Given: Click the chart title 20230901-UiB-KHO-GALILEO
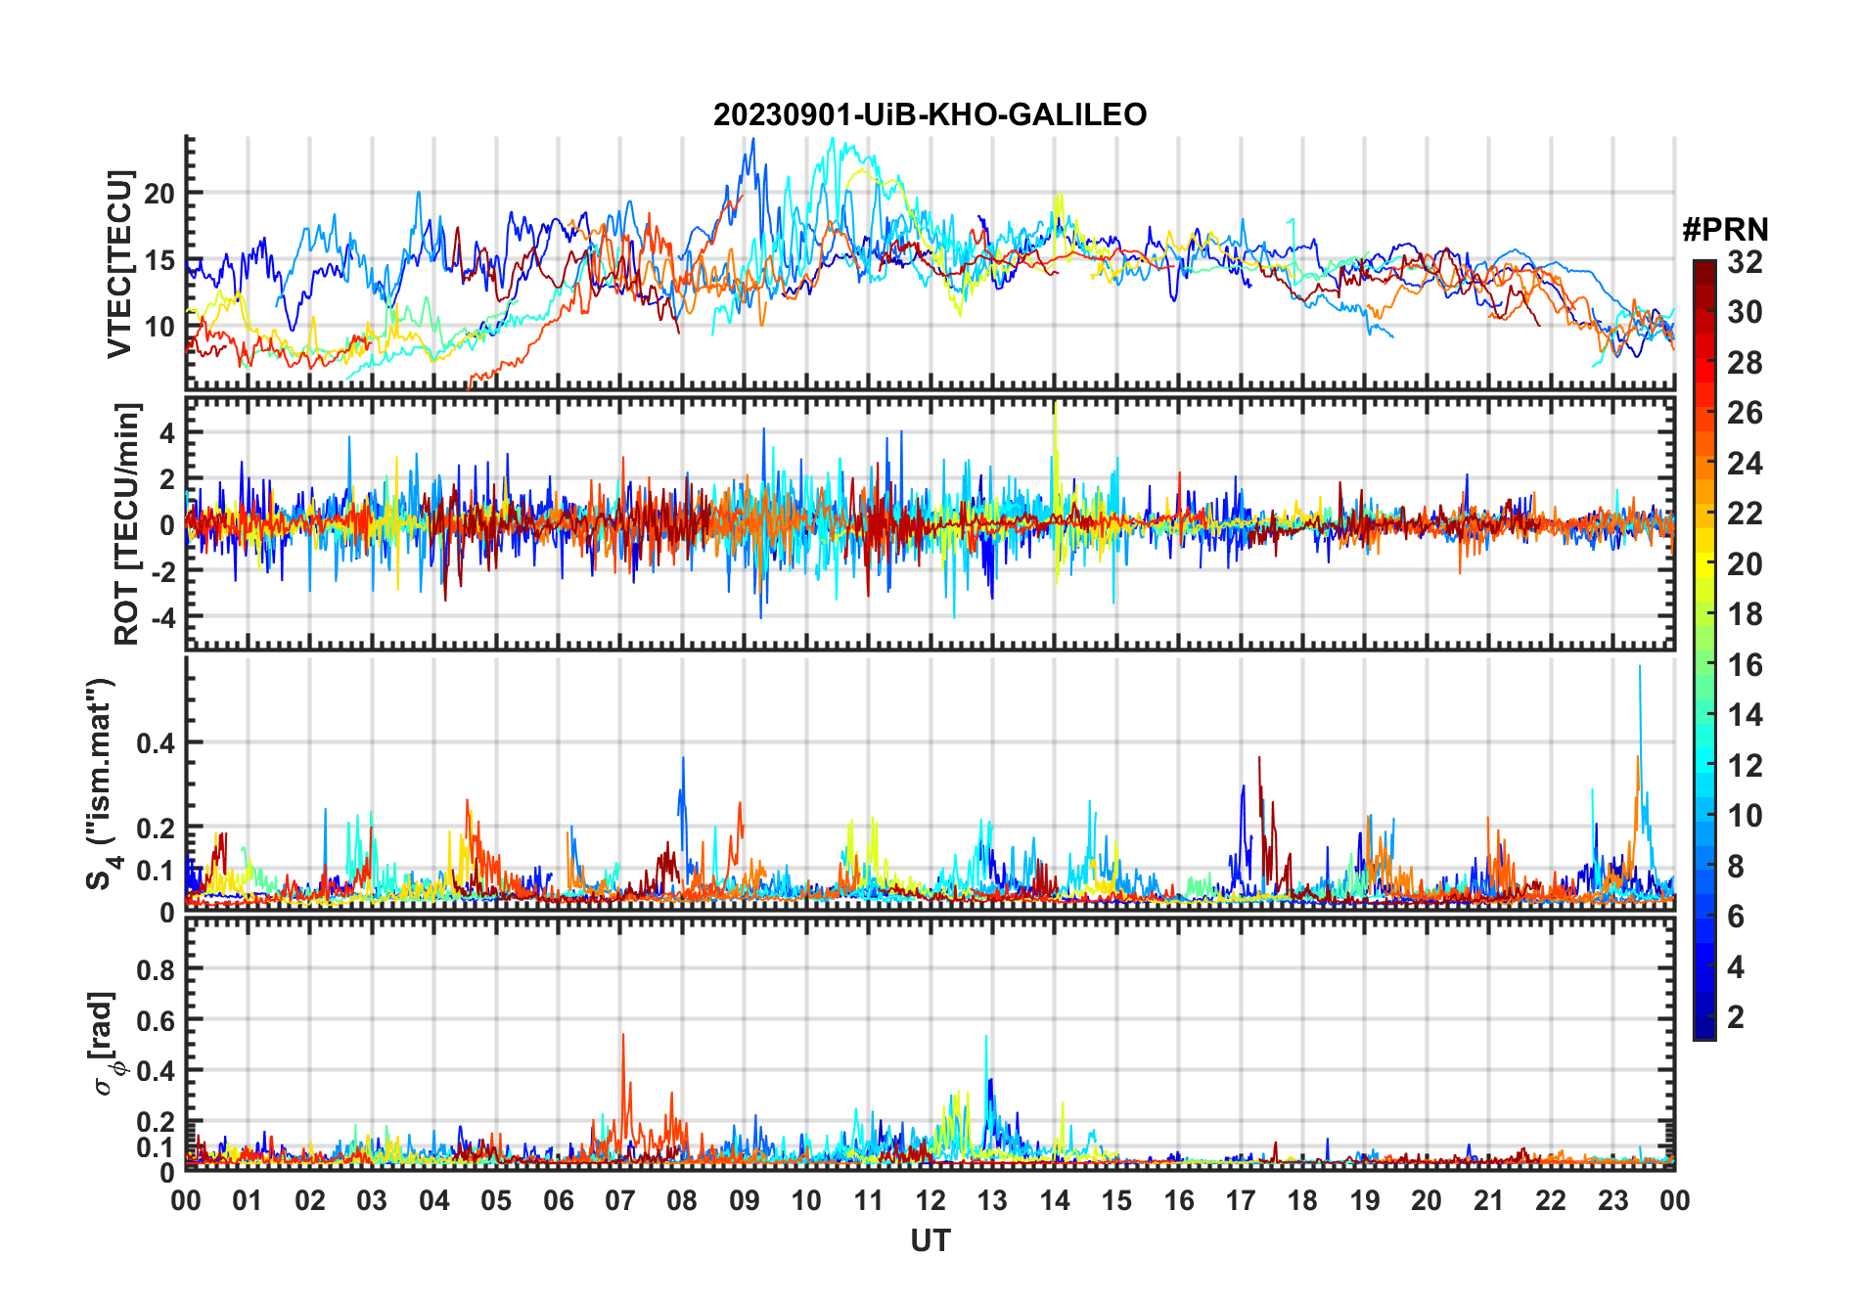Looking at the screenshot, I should [930, 115].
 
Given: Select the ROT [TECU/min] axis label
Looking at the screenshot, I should [127, 523].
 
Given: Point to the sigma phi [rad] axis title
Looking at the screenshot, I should [106, 1044].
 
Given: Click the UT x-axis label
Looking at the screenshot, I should [930, 1241].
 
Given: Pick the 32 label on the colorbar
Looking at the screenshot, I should [1745, 262].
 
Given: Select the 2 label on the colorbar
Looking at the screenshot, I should [1736, 1017].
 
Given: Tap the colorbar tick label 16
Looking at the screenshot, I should [1745, 665].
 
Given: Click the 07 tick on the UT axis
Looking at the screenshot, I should [620, 1201].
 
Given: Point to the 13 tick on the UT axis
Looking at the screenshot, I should [992, 1201].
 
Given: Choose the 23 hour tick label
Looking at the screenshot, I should [1612, 1201].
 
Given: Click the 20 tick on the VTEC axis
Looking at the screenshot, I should [159, 194].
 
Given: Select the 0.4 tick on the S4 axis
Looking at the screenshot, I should [156, 743].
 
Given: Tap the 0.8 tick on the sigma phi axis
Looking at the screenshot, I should [156, 969].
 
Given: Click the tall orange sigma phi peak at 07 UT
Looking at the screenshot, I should [622, 1035].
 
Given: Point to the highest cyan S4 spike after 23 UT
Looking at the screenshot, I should [1640, 667].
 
